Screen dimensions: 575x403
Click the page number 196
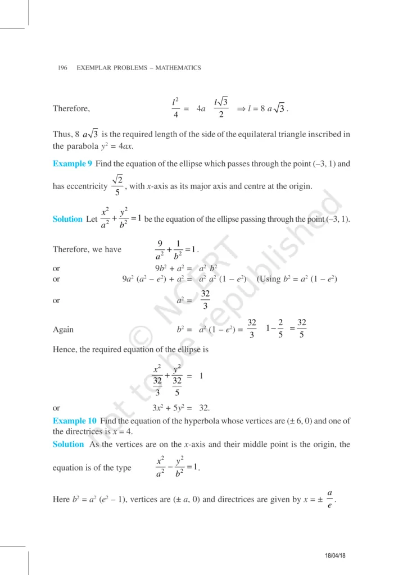pos(62,68)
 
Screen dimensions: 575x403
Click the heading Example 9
pos(73,164)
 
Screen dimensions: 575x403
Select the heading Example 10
pos(75,421)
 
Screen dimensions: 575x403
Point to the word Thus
pos(62,134)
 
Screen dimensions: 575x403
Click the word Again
pos(63,330)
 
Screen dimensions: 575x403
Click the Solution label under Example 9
pos(67,219)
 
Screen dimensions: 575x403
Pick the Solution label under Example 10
pos(67,444)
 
